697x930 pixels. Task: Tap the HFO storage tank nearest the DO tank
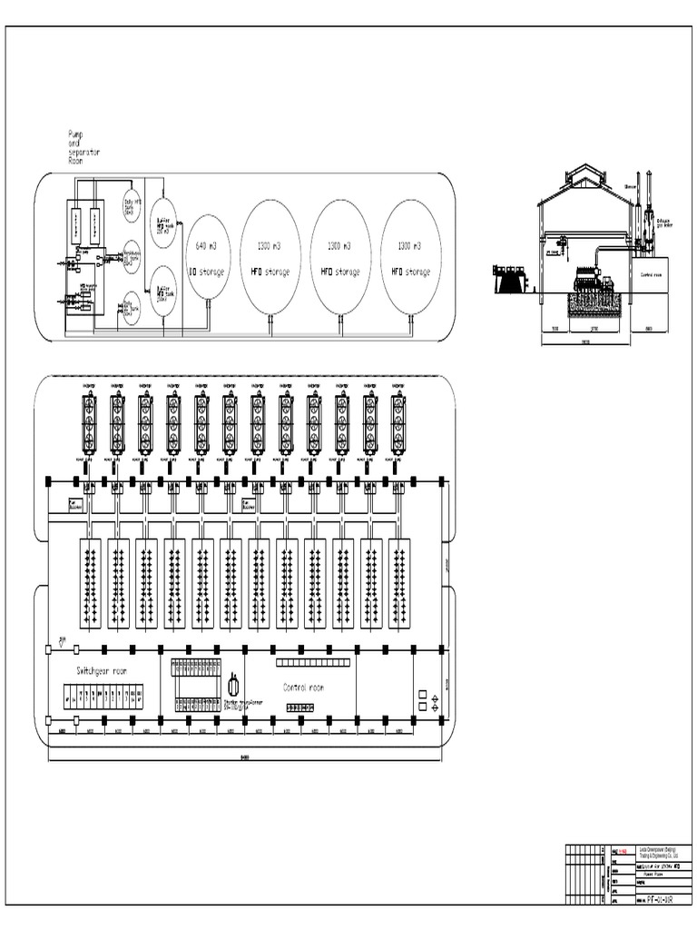270,259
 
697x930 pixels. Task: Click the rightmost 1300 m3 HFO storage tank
411,259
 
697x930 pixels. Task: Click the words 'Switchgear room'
102,670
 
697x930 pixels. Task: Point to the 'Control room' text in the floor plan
303,688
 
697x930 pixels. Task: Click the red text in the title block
623,852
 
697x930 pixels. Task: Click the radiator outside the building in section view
511,279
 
